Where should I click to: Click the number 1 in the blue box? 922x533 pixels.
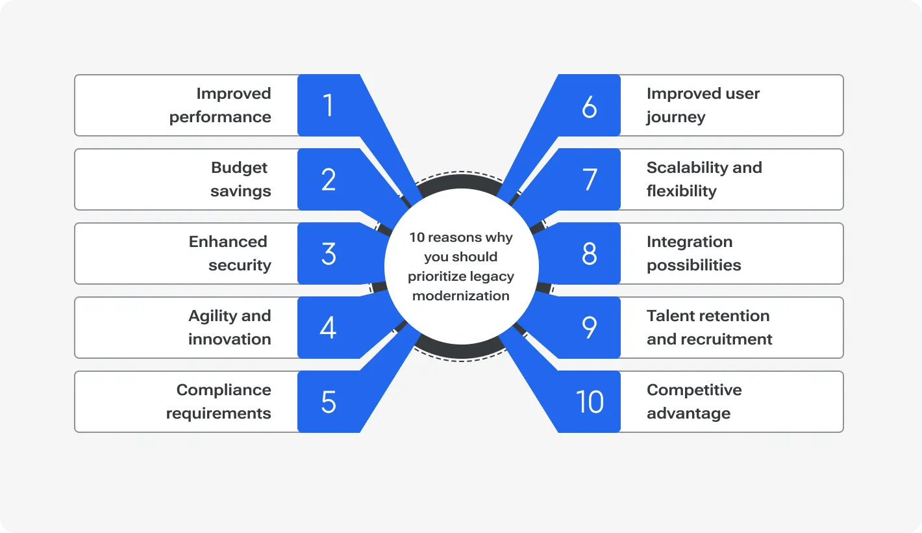(x=328, y=105)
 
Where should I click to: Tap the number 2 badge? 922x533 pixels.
(x=329, y=179)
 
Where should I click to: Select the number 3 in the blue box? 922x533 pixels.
(x=329, y=253)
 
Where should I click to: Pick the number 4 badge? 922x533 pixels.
(x=329, y=328)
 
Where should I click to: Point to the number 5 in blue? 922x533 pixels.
(x=329, y=402)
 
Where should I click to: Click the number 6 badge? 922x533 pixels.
(x=589, y=106)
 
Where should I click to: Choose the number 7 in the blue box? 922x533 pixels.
(x=590, y=179)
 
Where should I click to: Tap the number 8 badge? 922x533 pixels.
(x=589, y=253)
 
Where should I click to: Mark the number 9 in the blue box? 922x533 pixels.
(x=589, y=328)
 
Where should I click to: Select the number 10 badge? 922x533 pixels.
(x=590, y=402)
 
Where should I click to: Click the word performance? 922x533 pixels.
(x=220, y=118)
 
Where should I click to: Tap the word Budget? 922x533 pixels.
(x=239, y=168)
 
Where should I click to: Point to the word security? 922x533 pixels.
(x=240, y=265)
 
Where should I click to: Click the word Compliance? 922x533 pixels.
(x=223, y=390)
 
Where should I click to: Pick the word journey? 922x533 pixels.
(x=675, y=118)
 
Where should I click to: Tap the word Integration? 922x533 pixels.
(x=689, y=242)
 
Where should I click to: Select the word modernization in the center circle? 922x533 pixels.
(x=461, y=296)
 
